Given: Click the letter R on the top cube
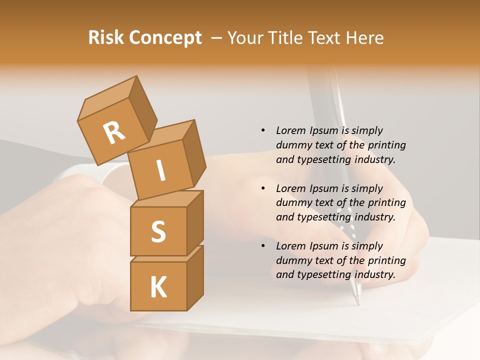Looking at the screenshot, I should coord(114,132).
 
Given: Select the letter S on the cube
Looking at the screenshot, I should coord(158,231).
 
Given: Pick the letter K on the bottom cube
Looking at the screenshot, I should coord(158,287).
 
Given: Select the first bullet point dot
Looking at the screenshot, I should coord(262,130).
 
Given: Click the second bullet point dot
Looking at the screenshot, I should coord(262,188).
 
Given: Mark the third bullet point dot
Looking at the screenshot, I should coord(262,246).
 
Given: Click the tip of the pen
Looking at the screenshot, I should coord(357,302).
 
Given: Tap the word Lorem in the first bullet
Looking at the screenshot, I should coord(290,130).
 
